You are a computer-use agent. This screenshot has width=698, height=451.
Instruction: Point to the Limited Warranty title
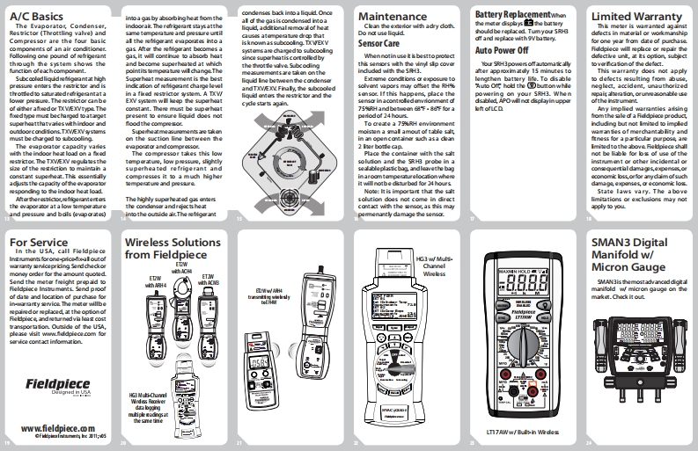pos(636,16)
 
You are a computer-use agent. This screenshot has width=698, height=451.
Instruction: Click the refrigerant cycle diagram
pos(291,166)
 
